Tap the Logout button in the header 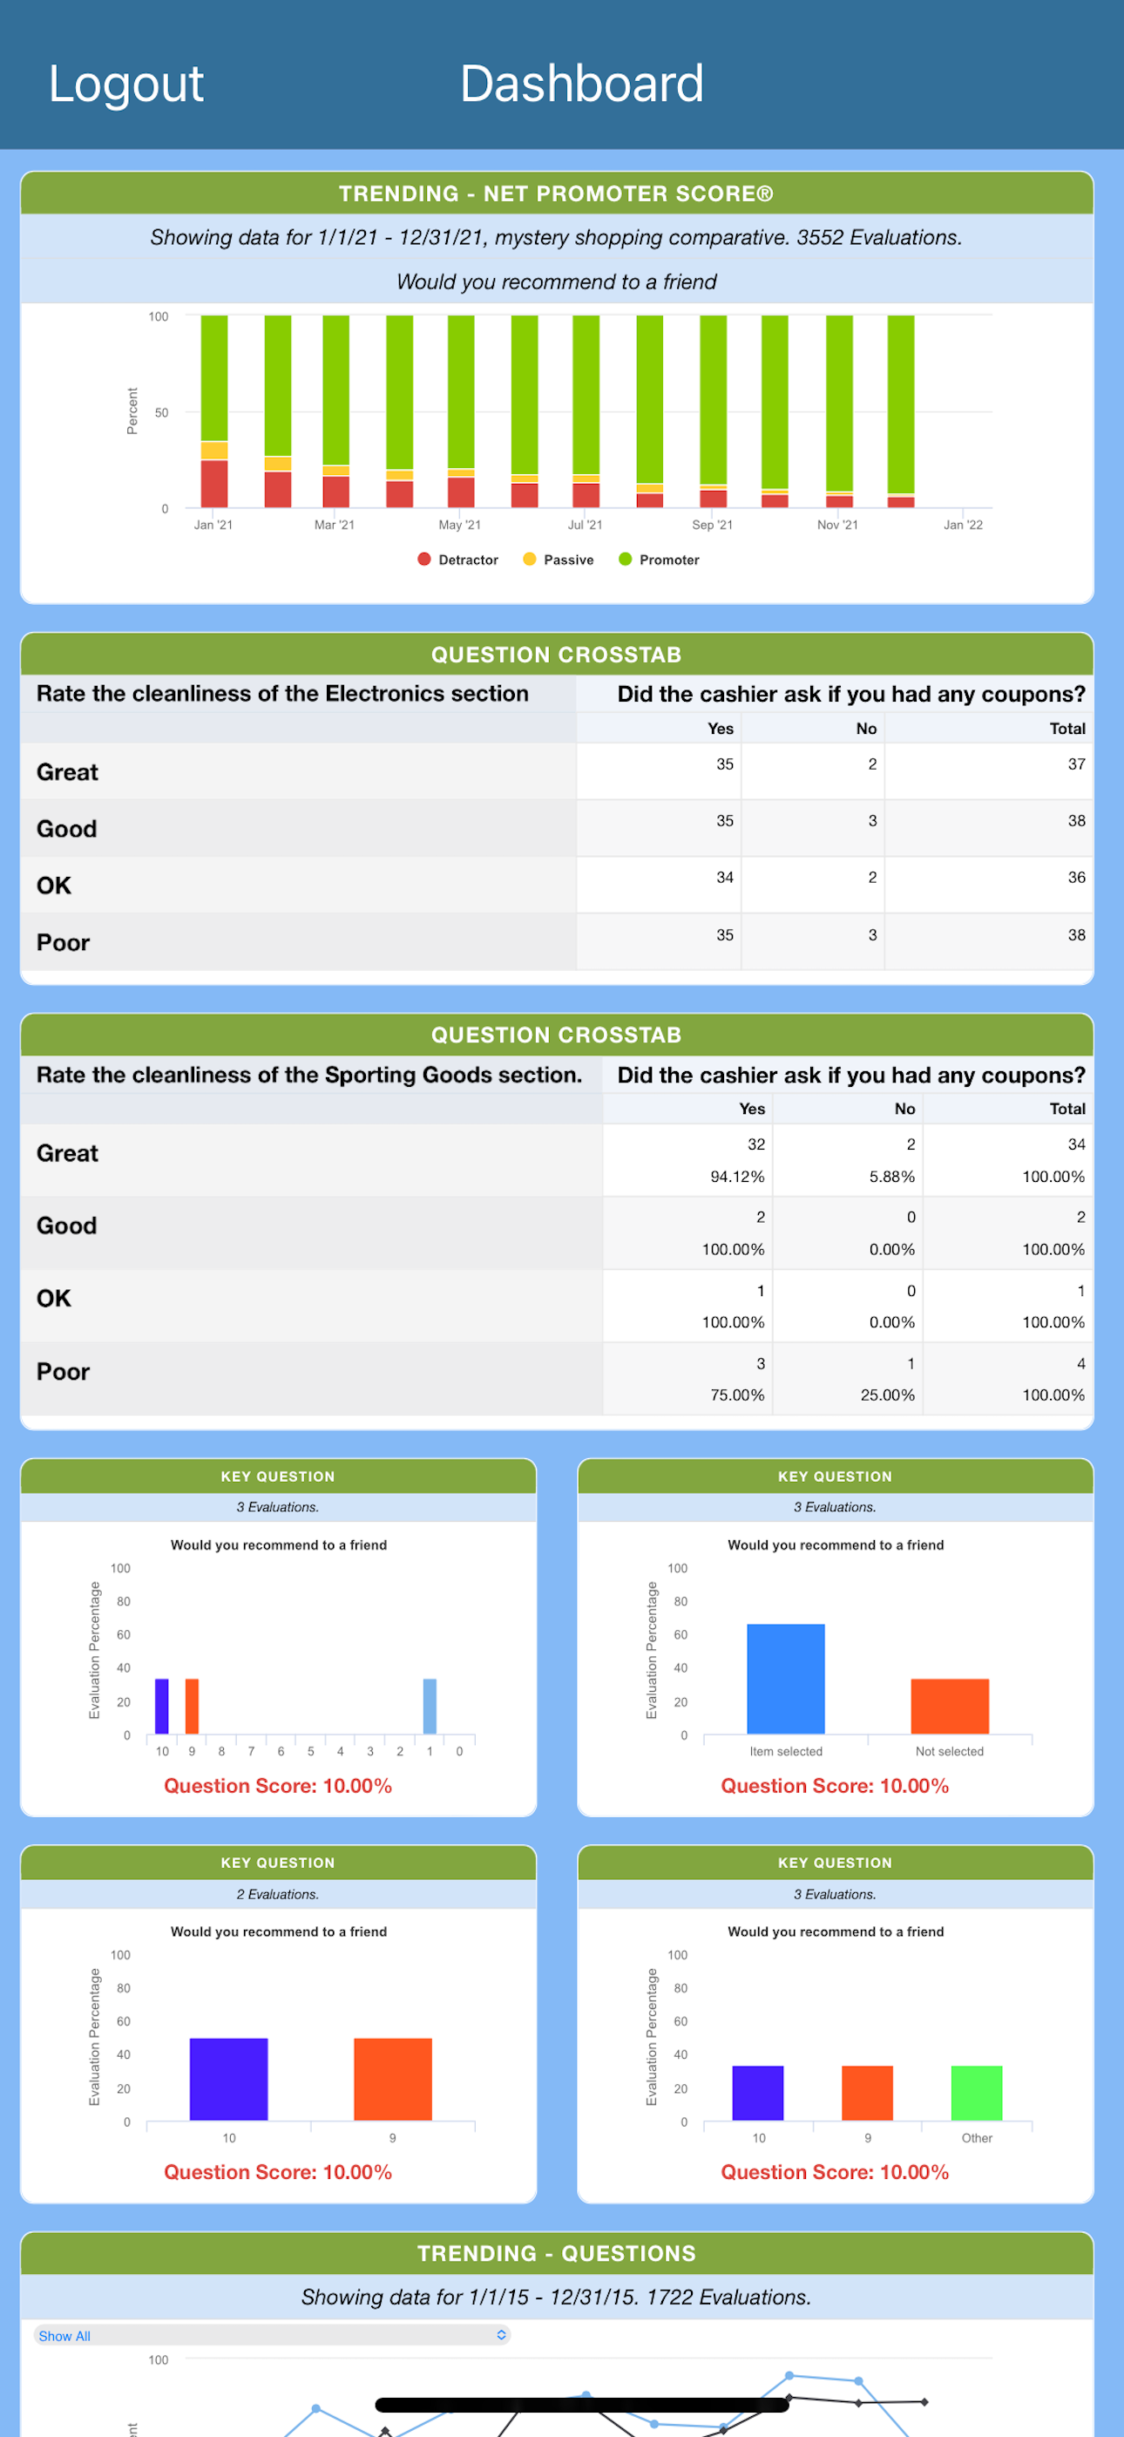(125, 85)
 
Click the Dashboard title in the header (582, 85)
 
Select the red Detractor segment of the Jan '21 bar (213, 484)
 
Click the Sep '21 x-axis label (713, 525)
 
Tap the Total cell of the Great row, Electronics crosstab (1077, 764)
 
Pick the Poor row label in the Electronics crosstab (64, 942)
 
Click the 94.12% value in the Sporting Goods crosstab (737, 1176)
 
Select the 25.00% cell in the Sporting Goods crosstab (888, 1395)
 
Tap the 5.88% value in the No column (892, 1176)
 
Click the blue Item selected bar (785, 1680)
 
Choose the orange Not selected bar (950, 1707)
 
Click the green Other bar (977, 2093)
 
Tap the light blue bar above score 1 (430, 1707)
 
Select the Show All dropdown (273, 2335)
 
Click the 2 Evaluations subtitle (278, 1894)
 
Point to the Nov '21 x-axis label (837, 525)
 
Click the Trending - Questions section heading (556, 2252)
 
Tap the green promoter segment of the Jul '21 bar (586, 395)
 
